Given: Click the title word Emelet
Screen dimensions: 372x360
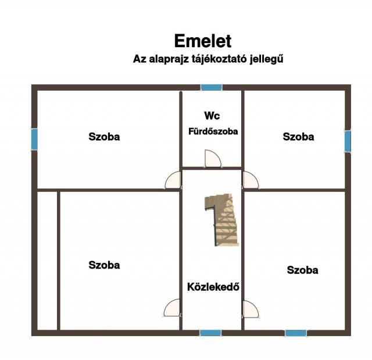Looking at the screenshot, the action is tap(203, 41).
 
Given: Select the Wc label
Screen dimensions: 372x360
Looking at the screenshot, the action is tap(212, 116).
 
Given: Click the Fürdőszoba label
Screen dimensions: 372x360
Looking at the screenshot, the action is tap(213, 131).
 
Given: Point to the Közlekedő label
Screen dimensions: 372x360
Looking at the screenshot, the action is tap(213, 287).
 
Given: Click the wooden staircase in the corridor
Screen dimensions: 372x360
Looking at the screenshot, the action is tap(222, 219).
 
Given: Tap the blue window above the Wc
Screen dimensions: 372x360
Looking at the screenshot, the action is tap(212, 88).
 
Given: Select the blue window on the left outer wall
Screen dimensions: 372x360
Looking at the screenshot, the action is tap(34, 140).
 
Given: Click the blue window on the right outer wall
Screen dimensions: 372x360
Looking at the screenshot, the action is tap(348, 141).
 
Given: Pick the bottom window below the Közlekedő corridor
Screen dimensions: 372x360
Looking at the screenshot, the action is tap(210, 333).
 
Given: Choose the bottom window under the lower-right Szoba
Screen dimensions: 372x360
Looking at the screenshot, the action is tap(296, 333).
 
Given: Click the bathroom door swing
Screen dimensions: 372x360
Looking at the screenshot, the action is tap(213, 159).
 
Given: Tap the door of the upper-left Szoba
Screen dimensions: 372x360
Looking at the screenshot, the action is tap(173, 180).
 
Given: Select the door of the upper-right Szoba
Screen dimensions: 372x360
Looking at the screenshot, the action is tap(251, 180).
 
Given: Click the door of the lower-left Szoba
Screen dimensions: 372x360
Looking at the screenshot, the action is tap(172, 308).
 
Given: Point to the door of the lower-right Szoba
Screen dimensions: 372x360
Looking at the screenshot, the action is tap(251, 309).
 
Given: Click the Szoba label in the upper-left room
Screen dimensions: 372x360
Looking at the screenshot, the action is tap(104, 137).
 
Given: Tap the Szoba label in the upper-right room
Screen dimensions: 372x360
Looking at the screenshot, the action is tap(298, 137).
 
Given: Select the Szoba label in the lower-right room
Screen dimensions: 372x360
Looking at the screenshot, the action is tap(302, 270).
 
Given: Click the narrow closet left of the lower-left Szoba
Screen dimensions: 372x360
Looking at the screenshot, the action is tap(48, 261).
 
